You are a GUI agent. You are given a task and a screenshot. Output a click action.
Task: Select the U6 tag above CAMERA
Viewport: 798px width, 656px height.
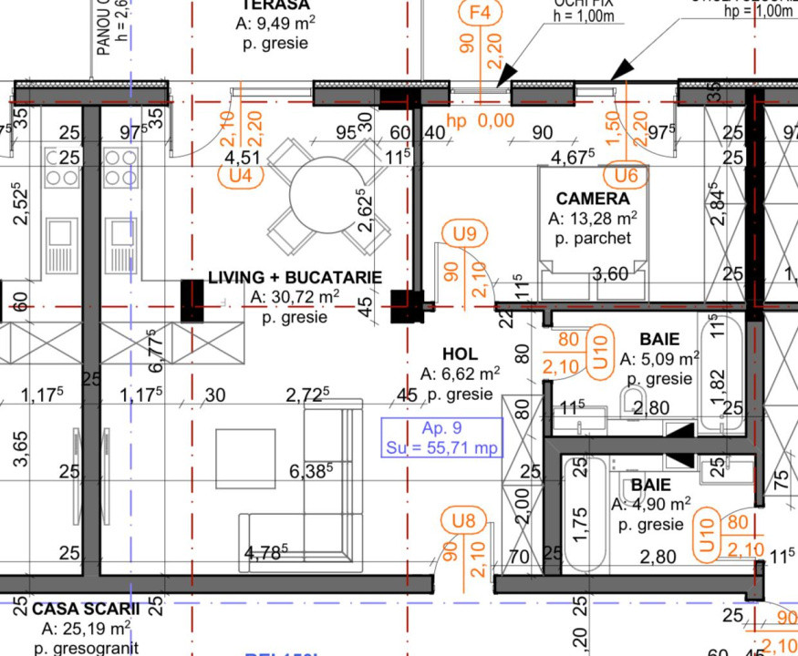[x=627, y=173]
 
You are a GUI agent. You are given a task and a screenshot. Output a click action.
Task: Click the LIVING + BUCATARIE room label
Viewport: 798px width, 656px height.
[x=295, y=277]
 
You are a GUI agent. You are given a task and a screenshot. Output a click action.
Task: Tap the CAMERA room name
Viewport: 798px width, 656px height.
[x=593, y=199]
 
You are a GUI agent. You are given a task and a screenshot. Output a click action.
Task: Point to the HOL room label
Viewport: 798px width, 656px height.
[x=460, y=354]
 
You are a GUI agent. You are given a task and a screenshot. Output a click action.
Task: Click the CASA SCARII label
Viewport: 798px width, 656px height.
[x=86, y=608]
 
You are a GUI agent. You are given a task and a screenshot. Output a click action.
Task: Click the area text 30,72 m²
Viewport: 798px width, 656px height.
[x=294, y=297]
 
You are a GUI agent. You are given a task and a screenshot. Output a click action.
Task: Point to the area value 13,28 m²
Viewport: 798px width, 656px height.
[x=593, y=220]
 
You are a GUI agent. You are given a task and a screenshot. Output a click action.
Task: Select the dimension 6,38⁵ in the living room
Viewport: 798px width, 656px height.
[x=311, y=471]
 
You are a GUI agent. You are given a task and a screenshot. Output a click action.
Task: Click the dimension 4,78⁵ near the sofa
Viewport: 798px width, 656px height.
[x=266, y=551]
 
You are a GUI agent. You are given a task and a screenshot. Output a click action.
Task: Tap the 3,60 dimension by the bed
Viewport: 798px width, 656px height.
[x=610, y=273]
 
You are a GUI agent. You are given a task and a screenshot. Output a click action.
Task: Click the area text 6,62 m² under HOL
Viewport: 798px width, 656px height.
[x=461, y=374]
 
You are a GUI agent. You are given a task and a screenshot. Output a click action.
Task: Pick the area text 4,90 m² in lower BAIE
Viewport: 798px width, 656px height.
[x=650, y=504]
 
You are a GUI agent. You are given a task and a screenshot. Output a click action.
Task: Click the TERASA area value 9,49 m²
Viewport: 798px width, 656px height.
[x=269, y=24]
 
